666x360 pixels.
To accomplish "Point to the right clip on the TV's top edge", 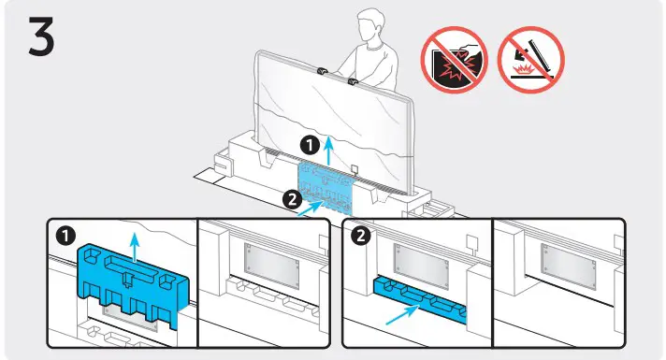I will [354, 83].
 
